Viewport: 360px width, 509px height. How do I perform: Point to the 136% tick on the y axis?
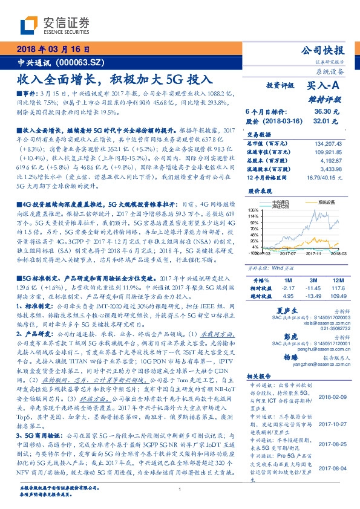click(x=254, y=210)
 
